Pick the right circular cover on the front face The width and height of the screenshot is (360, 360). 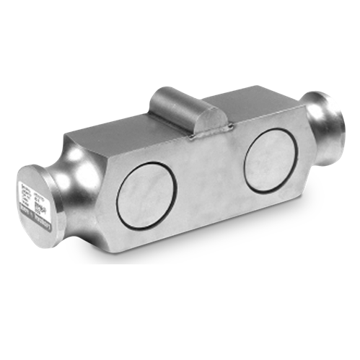coord(266,155)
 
